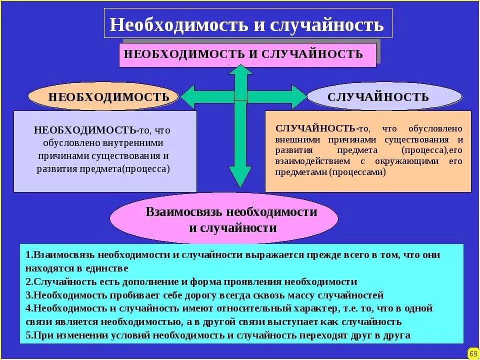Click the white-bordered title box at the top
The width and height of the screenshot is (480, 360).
pyautogui.click(x=247, y=23)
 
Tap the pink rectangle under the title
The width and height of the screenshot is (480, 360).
pyautogui.click(x=247, y=55)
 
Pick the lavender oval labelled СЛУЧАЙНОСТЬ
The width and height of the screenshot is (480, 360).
pyautogui.click(x=383, y=96)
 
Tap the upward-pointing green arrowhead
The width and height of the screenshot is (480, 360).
pyautogui.click(x=240, y=72)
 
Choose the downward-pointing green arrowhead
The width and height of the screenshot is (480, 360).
pyautogui.click(x=240, y=177)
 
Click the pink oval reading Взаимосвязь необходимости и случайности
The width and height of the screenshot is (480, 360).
pyautogui.click(x=231, y=219)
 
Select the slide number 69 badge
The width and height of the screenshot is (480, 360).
pyautogui.click(x=473, y=353)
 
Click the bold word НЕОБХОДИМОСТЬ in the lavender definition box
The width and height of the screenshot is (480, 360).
pyautogui.click(x=85, y=130)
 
